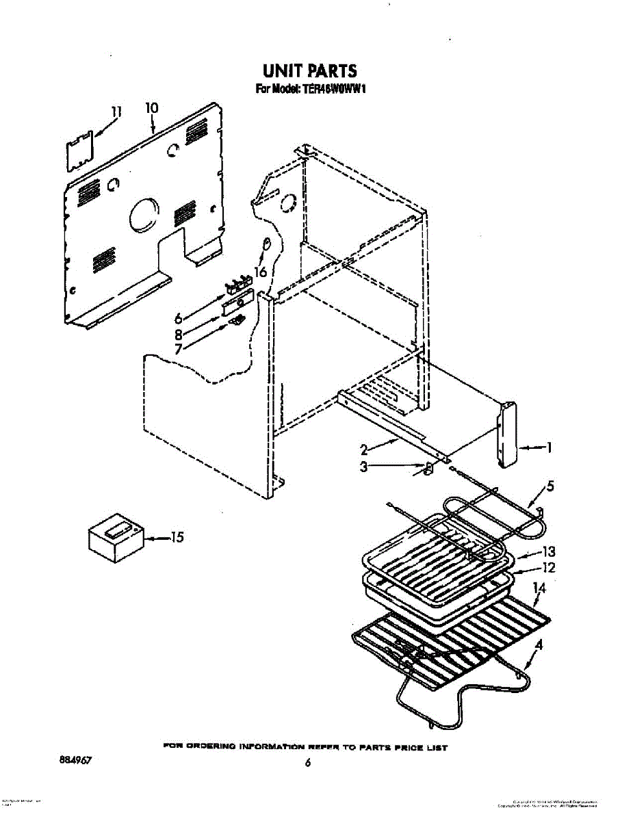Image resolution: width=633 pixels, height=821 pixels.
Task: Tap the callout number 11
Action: (x=116, y=111)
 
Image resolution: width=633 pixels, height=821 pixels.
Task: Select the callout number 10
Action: (x=152, y=107)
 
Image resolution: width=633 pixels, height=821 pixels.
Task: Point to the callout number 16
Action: (x=259, y=272)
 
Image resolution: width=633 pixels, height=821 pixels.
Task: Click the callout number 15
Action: (x=177, y=538)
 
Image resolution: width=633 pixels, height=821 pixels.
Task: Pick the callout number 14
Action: (x=540, y=588)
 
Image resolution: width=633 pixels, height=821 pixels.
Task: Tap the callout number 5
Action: (x=550, y=487)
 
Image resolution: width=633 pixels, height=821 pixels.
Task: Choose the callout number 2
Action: (x=365, y=449)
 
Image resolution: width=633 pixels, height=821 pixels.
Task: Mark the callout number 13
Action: (x=548, y=551)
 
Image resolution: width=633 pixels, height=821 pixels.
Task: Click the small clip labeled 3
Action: (x=425, y=469)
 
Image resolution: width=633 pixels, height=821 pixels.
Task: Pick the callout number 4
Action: (x=539, y=644)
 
